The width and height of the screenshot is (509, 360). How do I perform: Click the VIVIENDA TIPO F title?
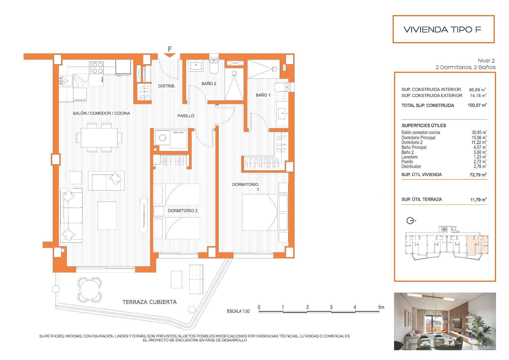click(x=442, y=29)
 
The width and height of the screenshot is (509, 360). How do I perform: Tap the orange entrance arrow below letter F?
click(x=170, y=55)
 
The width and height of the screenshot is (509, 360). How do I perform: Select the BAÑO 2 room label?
click(x=209, y=84)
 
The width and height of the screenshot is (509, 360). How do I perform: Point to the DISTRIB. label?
click(x=166, y=86)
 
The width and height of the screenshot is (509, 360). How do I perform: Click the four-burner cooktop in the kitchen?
click(x=96, y=67)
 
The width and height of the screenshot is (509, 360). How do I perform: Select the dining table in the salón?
click(x=99, y=137)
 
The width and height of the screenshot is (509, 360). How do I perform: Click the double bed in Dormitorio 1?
click(x=260, y=212)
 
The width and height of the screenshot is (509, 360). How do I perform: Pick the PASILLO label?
click(x=186, y=116)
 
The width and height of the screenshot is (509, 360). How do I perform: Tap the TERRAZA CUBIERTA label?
click(x=150, y=302)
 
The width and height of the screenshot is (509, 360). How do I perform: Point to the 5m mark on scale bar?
click(x=381, y=307)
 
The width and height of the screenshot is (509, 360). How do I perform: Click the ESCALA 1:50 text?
click(x=238, y=311)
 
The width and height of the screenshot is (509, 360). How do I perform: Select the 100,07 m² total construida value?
click(x=477, y=105)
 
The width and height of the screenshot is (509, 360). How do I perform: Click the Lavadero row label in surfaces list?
click(x=409, y=157)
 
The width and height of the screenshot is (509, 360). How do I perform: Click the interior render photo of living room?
click(x=445, y=321)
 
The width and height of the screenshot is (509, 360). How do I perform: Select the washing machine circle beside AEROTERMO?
click(x=162, y=138)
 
